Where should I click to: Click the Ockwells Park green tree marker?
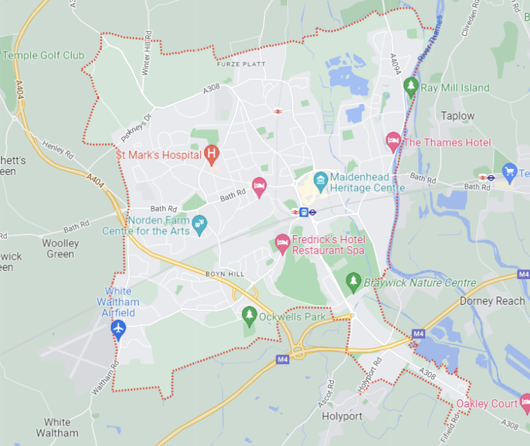click(x=249, y=316)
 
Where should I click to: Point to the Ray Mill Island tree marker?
click(x=411, y=86)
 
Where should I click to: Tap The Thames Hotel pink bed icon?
click(x=393, y=141)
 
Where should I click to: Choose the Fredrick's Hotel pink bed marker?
click(x=282, y=241)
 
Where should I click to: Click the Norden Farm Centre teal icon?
click(x=199, y=223)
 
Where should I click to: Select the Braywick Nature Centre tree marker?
click(x=353, y=281)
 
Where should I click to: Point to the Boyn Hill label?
click(x=225, y=274)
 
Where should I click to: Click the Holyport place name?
click(x=342, y=416)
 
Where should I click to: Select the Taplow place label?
click(x=458, y=116)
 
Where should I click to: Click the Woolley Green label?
click(x=61, y=248)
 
